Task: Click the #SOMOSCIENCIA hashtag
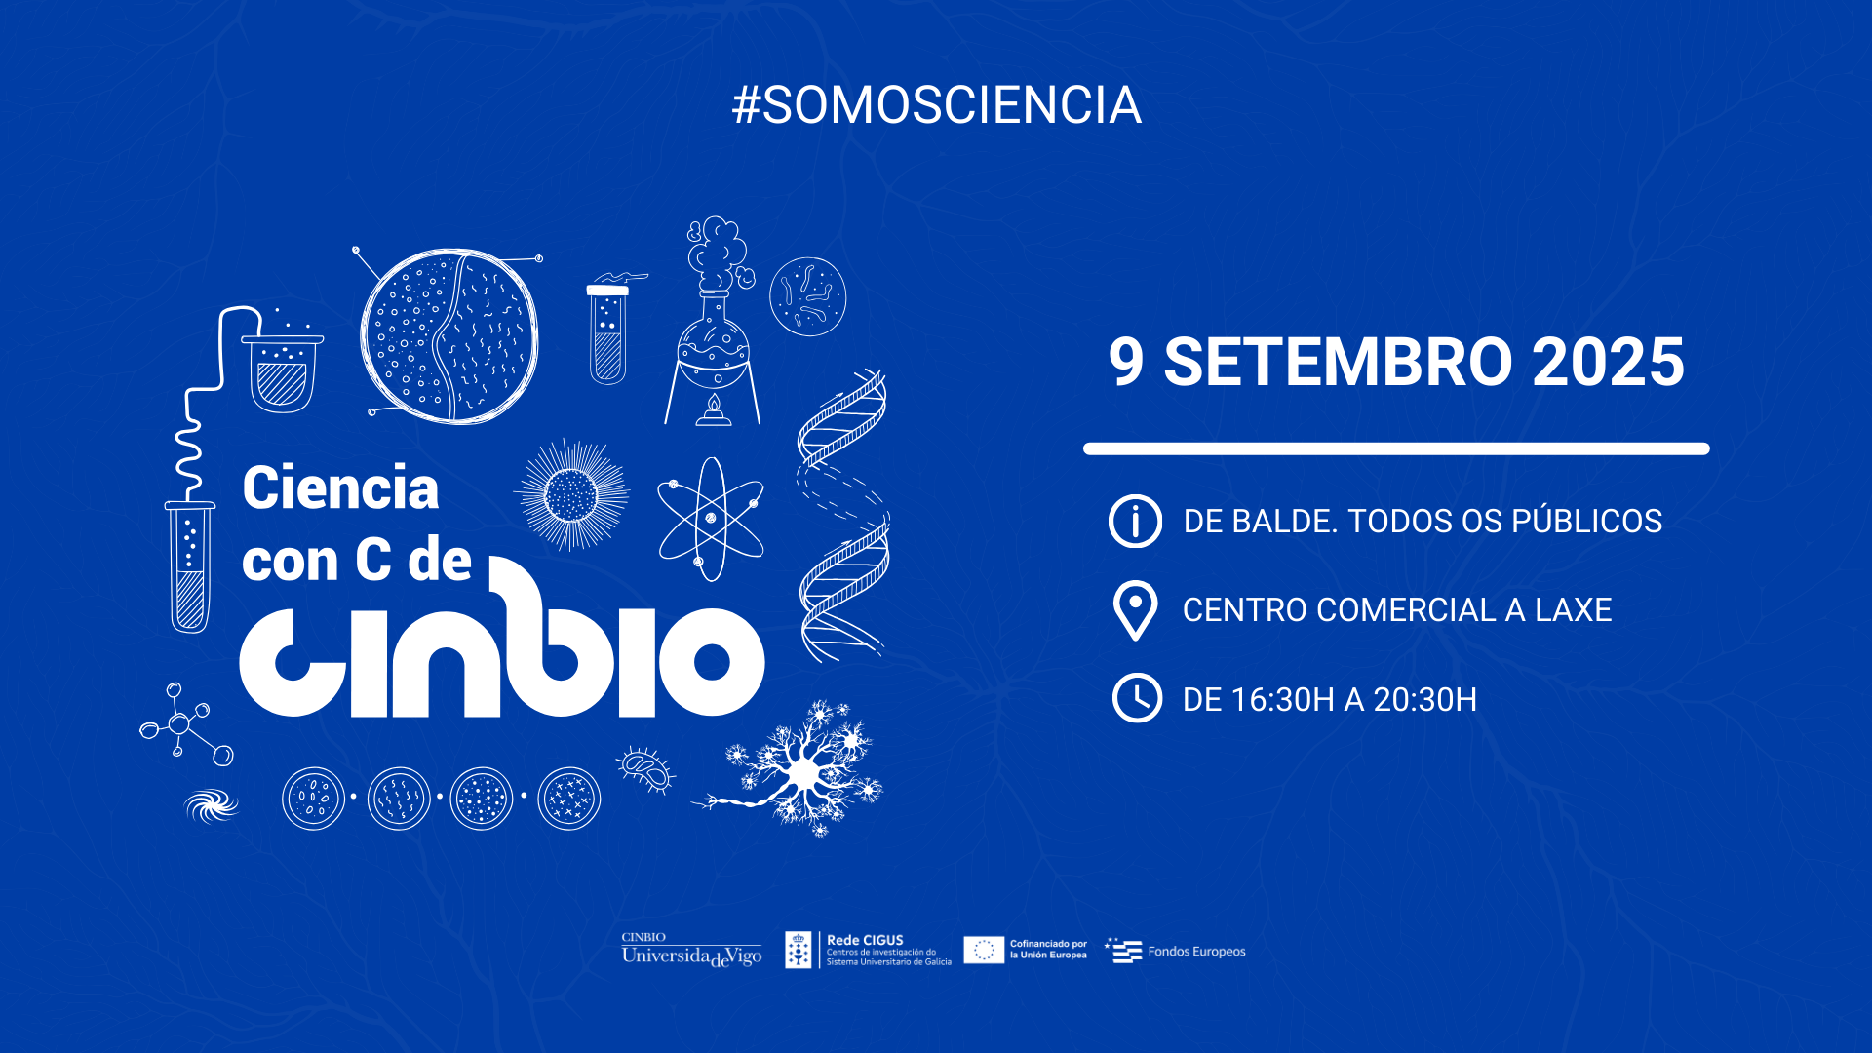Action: (936, 105)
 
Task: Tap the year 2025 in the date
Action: (1608, 363)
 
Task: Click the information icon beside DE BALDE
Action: (1135, 521)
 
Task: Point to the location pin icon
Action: (1135, 609)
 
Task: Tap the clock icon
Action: (1137, 698)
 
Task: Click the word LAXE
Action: (1573, 610)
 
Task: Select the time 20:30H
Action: (1424, 700)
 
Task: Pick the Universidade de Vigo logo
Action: (691, 951)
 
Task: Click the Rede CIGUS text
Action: (865, 941)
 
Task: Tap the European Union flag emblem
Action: (984, 950)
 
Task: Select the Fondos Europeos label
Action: (1196, 952)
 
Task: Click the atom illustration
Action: (711, 520)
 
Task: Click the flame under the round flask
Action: (714, 407)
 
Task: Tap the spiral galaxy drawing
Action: (211, 805)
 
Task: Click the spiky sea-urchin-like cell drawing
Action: (572, 495)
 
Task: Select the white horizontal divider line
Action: (1396, 448)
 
